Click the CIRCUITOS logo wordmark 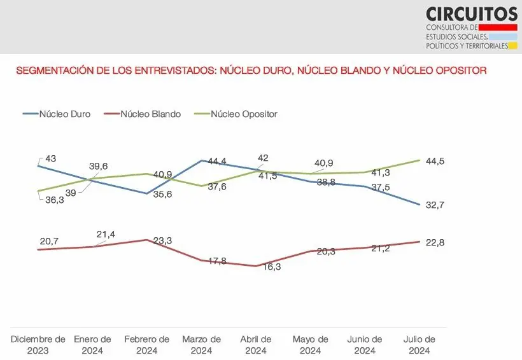(472, 14)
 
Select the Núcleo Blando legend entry (150, 114)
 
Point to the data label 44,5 (435, 162)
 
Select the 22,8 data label (435, 243)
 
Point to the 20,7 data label (49, 242)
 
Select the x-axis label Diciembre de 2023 (39, 345)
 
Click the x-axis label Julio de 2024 (420, 345)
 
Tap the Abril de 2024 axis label (256, 345)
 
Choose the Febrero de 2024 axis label (147, 345)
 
